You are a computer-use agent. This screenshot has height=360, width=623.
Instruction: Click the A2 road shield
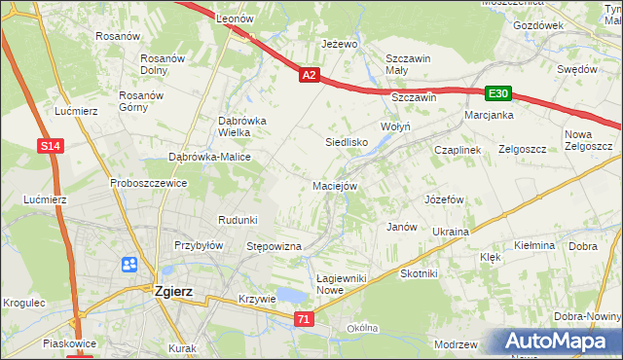coord(309,74)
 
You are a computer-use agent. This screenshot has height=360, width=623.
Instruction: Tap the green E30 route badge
coord(498,93)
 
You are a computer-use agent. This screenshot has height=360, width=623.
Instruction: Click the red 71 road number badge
coord(306,318)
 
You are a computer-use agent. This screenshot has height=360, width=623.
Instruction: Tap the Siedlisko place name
coord(346,142)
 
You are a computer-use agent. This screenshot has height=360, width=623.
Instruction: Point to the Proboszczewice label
coord(148,183)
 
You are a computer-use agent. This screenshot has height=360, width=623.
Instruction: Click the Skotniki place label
coord(419,274)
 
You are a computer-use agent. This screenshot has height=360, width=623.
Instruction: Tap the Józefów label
coord(442,198)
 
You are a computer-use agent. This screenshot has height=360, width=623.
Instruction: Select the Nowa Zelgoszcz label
coord(588,139)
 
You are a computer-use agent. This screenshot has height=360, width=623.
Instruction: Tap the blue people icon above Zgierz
coord(130,265)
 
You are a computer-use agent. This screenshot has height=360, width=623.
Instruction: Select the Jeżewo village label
coord(340,45)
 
